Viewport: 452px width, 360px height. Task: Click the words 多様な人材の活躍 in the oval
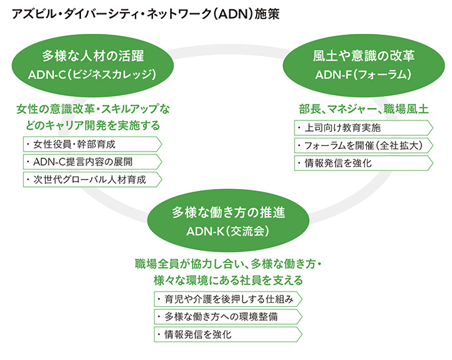(93, 55)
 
